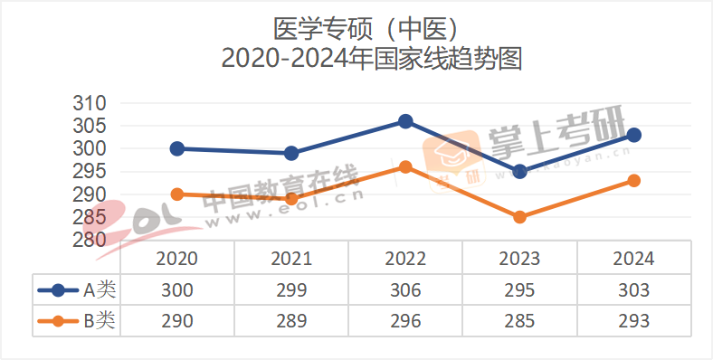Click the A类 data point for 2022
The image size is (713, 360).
click(405, 121)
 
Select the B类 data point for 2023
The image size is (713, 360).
click(519, 217)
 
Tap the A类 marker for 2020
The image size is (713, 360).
click(177, 148)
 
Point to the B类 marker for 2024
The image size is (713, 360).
click(634, 181)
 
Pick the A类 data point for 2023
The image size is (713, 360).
click(519, 171)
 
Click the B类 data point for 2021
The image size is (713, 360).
click(291, 199)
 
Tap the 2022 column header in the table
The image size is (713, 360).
click(405, 259)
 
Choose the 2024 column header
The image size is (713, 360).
click(634, 259)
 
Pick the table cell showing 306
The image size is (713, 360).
click(405, 290)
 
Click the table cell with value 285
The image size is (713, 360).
click(519, 320)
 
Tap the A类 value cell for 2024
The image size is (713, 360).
click(634, 290)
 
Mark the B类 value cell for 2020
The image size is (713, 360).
click(177, 320)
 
